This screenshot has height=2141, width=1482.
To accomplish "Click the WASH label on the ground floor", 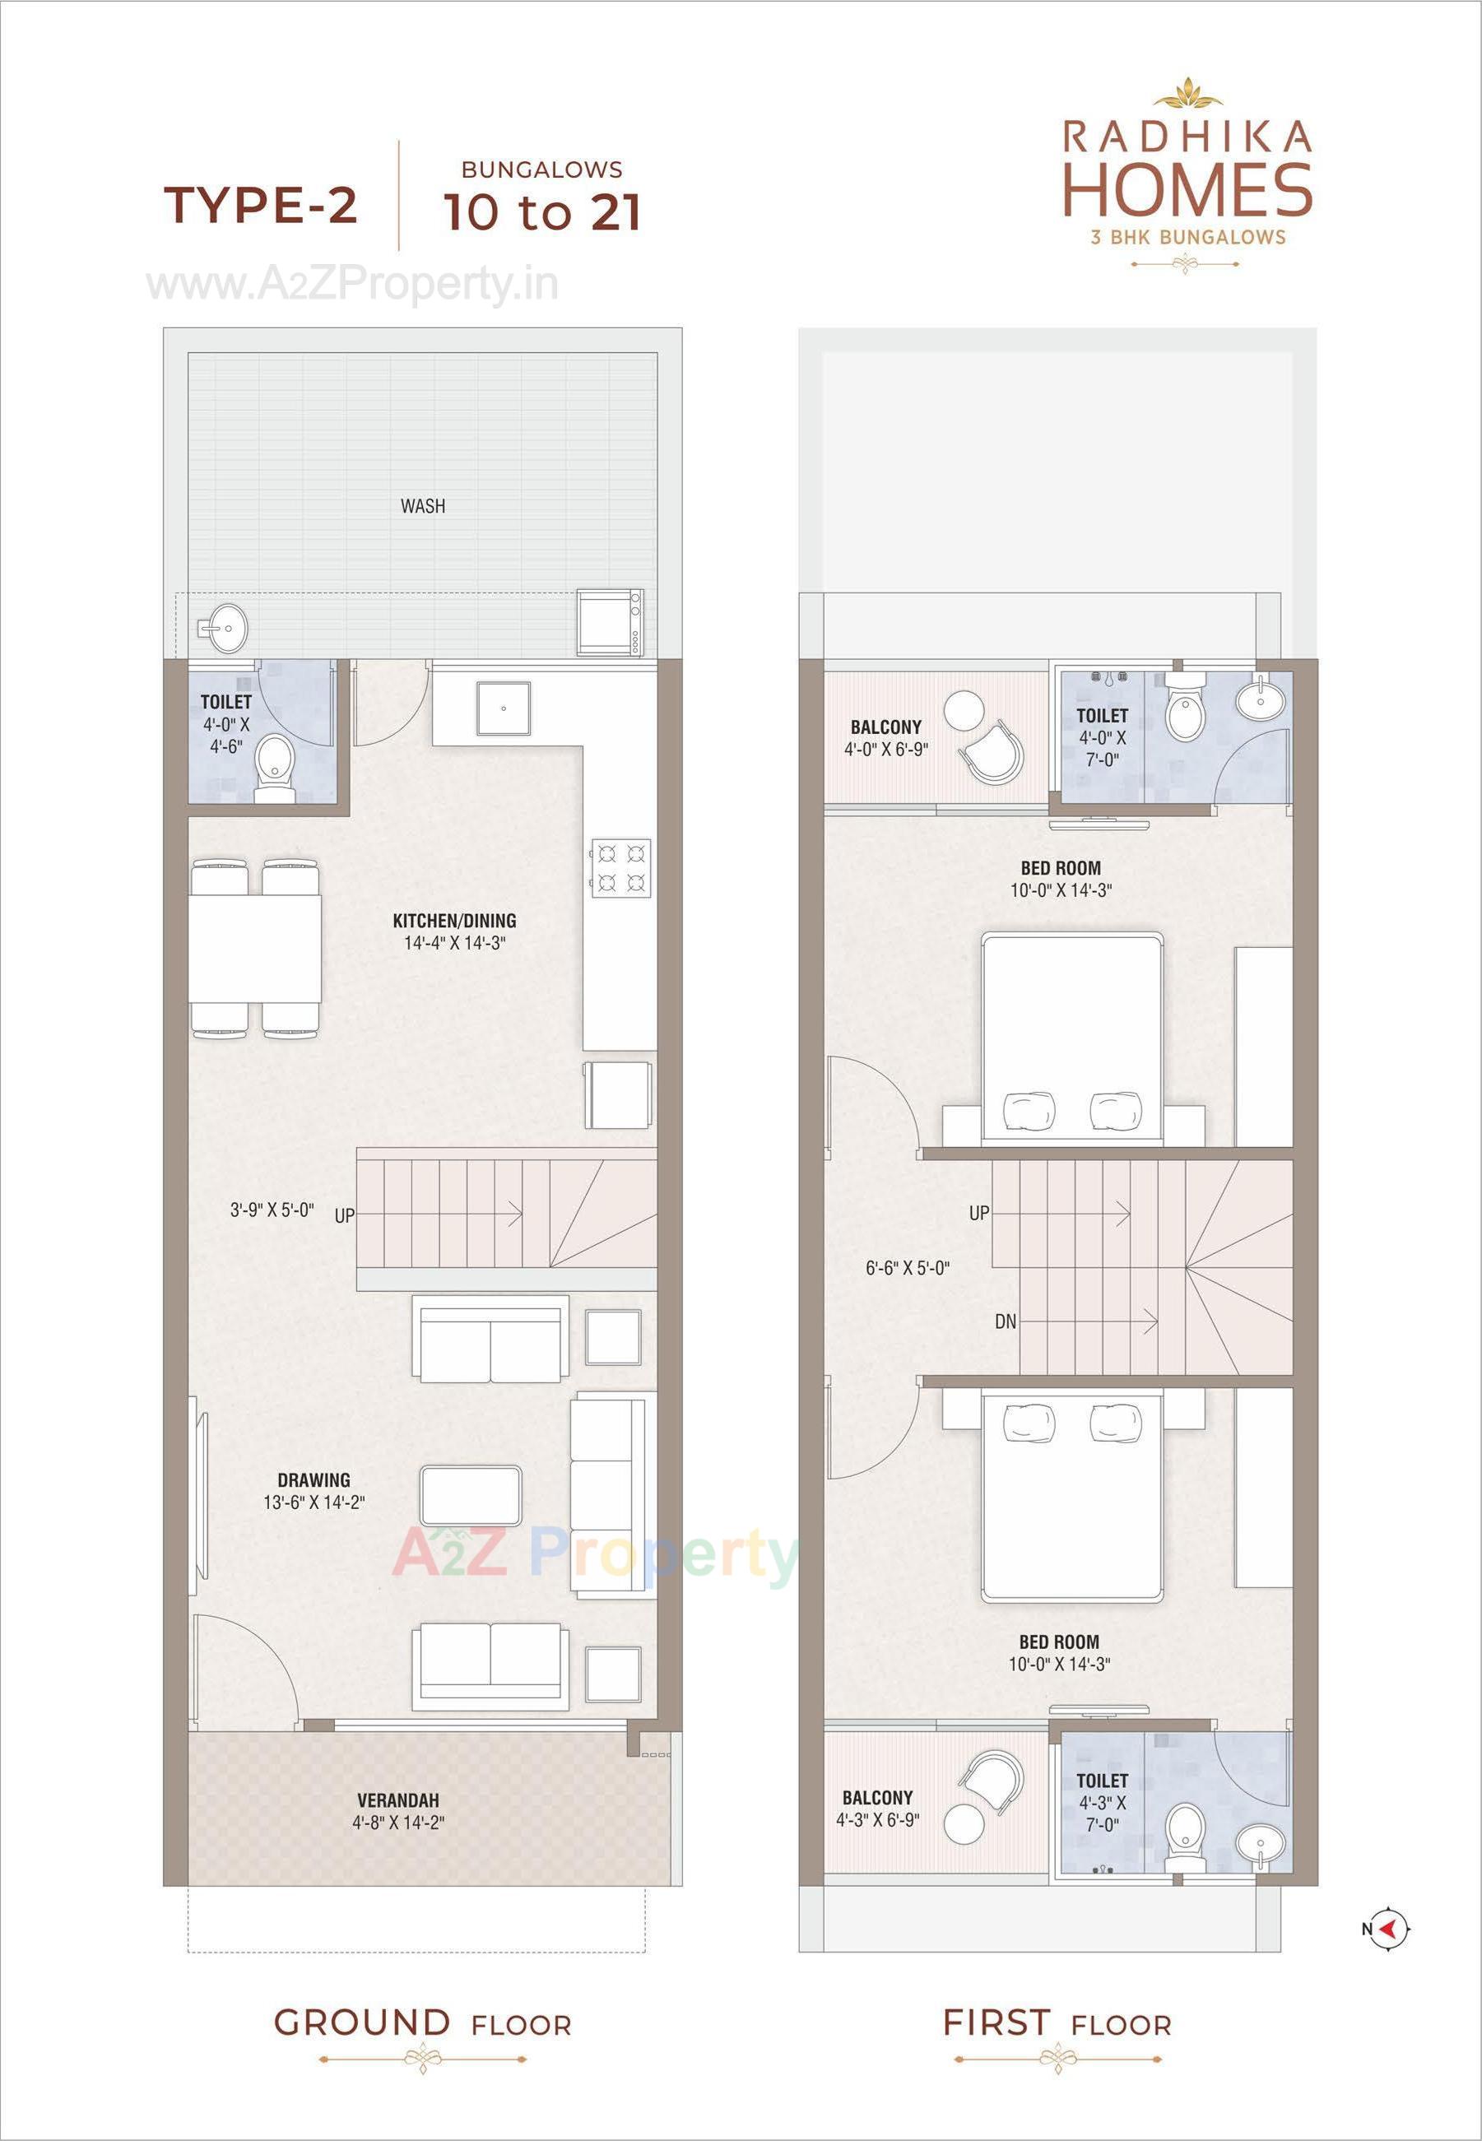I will coord(422,506).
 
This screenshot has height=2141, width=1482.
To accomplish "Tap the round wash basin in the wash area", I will coord(223,629).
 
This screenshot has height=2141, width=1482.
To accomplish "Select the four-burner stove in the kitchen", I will coord(620,867).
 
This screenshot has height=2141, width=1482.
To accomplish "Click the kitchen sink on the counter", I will coord(504,708).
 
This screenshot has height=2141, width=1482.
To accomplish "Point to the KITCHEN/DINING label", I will coord(454,921).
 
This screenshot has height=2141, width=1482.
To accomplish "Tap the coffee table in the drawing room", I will coord(471,1495).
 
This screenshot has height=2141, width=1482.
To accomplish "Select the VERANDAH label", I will coord(397,1800).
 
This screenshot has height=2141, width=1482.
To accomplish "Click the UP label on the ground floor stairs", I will coord(345,1215).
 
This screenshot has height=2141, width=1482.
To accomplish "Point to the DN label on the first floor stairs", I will coord(1006,1321).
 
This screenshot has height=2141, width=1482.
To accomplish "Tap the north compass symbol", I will coord(1389,1930).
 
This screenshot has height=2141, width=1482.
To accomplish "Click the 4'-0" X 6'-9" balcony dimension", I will coord(886,750).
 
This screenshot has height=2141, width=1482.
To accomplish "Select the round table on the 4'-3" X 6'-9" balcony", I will coord(964,1824).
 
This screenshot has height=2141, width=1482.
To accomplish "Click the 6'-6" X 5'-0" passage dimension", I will coord(907,1268).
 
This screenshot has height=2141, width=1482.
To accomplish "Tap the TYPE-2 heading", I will coord(261,204).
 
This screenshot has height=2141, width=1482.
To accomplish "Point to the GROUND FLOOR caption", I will coord(422,2023).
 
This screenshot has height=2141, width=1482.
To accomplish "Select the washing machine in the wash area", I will coord(610,622).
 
